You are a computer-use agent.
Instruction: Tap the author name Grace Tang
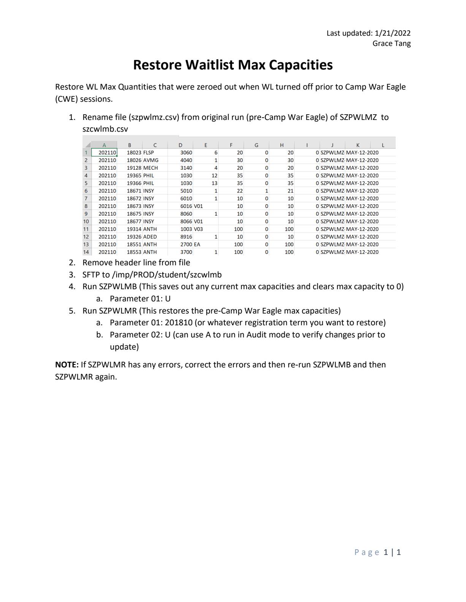point(392,43)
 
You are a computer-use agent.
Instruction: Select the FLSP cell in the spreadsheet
point(149,153)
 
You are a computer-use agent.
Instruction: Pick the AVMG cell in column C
point(151,160)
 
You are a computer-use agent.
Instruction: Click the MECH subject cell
point(151,168)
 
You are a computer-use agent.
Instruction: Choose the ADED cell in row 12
point(150,236)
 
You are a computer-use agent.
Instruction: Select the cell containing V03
point(198,229)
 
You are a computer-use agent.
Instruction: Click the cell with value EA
point(197,244)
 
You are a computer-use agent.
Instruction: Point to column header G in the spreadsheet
point(256,145)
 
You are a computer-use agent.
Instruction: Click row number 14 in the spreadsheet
point(86,252)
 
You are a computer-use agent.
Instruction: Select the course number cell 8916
point(186,236)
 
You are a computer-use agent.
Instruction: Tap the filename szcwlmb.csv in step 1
point(105,129)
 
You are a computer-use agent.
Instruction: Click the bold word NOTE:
point(67,365)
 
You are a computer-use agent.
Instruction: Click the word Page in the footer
point(367,552)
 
